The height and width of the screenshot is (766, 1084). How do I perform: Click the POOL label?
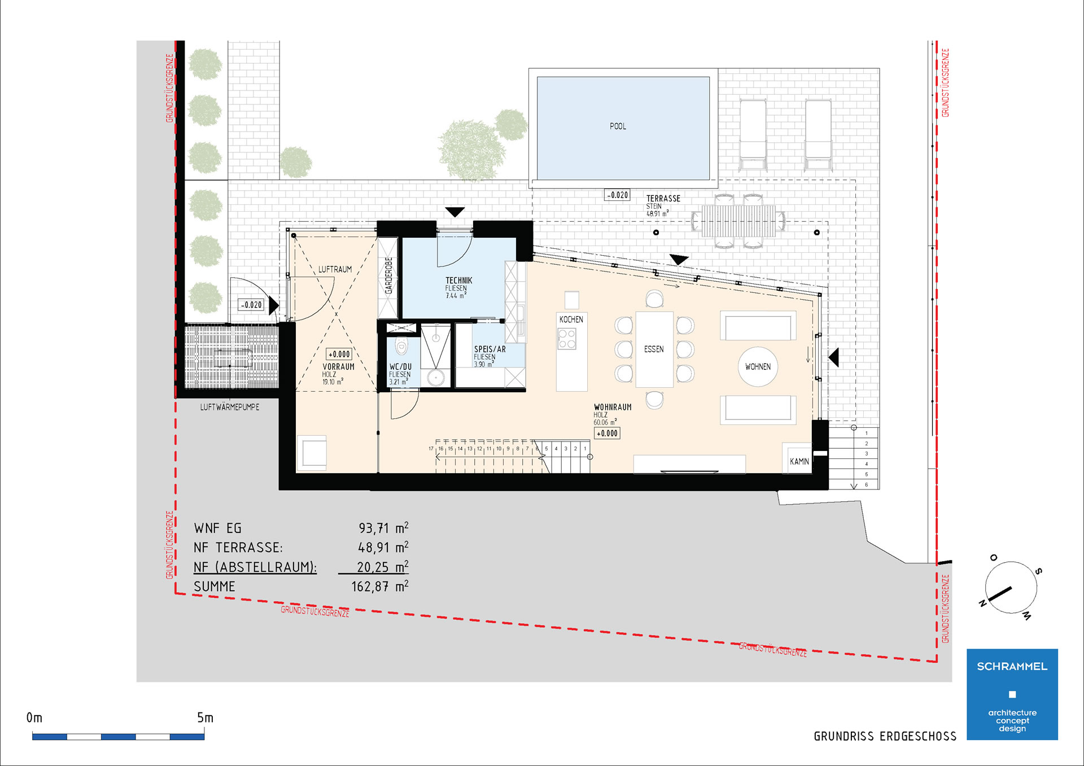click(618, 126)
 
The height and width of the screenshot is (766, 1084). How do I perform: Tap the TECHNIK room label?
click(458, 280)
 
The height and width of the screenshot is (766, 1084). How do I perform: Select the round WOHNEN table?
click(758, 366)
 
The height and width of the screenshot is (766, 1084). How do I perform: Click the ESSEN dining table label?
click(654, 349)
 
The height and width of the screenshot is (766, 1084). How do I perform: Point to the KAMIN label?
click(799, 462)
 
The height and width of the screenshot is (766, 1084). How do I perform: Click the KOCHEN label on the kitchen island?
click(571, 319)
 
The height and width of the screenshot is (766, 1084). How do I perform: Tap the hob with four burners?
click(567, 339)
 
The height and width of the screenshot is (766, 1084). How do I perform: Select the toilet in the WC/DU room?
click(401, 345)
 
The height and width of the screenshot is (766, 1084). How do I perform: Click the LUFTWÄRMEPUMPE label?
click(230, 407)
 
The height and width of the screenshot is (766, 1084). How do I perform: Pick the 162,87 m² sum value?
click(379, 586)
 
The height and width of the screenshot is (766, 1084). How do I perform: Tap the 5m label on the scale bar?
click(205, 717)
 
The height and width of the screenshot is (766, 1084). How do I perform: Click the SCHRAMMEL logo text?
click(1012, 667)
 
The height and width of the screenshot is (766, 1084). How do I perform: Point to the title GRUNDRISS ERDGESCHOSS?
click(885, 736)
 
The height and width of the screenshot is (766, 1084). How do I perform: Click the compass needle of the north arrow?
click(999, 594)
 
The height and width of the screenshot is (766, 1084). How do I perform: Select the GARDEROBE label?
click(388, 275)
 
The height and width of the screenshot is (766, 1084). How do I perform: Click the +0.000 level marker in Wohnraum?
click(607, 434)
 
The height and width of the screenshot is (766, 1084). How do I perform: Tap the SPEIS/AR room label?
click(489, 349)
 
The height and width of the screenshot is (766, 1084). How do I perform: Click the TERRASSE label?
click(663, 199)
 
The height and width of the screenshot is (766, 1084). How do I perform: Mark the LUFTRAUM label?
click(335, 269)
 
